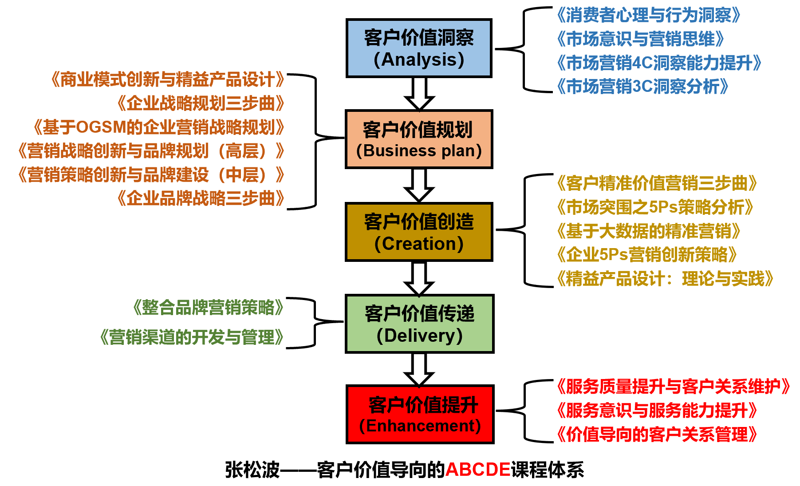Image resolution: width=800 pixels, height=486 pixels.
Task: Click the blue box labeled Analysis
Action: click(x=419, y=48)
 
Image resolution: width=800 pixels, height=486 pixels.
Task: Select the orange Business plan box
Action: click(x=419, y=139)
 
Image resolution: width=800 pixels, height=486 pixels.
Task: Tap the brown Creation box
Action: click(x=419, y=232)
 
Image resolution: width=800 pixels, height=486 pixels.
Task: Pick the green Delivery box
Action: click(x=419, y=324)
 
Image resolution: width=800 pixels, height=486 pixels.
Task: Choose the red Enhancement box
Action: click(x=420, y=415)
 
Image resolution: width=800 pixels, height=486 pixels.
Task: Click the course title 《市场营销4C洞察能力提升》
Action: click(x=659, y=63)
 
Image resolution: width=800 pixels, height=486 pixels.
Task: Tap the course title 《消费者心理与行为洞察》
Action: click(x=649, y=16)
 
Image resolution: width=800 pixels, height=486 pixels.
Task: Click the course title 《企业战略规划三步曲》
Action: click(x=201, y=103)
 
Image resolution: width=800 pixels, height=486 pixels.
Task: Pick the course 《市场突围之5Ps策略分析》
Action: click(x=655, y=207)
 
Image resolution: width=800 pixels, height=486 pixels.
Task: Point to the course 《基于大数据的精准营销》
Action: click(x=649, y=231)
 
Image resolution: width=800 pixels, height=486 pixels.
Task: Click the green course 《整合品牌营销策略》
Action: click(x=208, y=308)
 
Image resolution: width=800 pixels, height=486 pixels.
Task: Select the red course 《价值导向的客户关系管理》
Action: click(x=657, y=435)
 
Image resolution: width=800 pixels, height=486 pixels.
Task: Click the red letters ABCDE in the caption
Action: click(x=477, y=470)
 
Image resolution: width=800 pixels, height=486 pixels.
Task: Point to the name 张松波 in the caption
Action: click(x=252, y=470)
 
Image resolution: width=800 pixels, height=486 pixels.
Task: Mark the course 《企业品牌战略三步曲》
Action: click(x=201, y=198)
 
